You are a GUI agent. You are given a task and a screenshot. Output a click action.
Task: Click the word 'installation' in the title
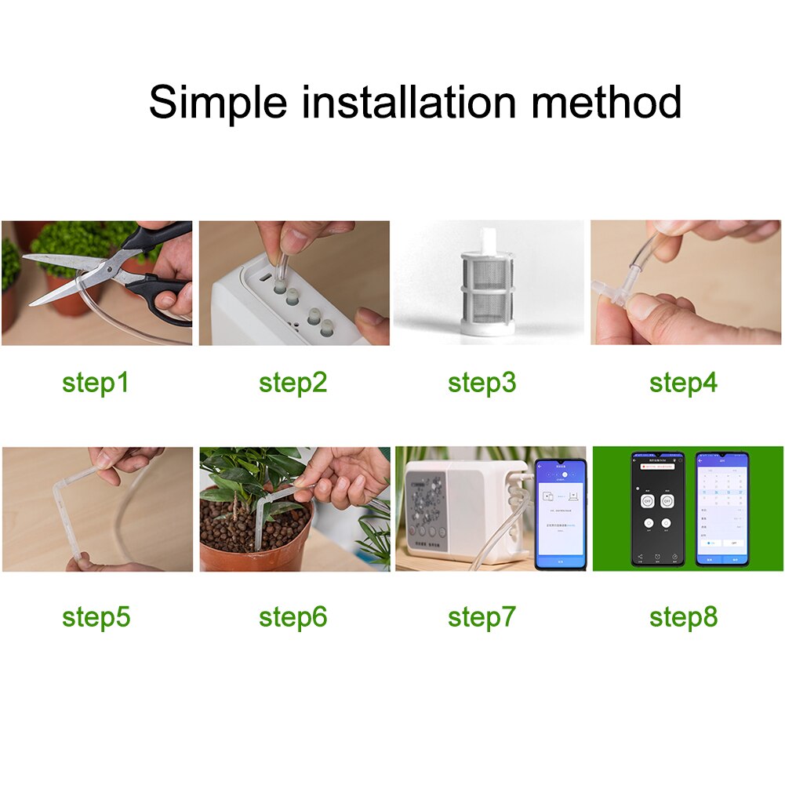pyautogui.click(x=409, y=102)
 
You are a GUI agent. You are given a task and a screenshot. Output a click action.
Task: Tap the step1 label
pyautogui.click(x=96, y=383)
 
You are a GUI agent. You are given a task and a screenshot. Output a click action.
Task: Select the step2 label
pyautogui.click(x=293, y=383)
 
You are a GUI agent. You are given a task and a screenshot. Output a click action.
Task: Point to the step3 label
pyautogui.click(x=482, y=383)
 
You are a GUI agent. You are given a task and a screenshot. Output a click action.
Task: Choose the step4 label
pyautogui.click(x=683, y=383)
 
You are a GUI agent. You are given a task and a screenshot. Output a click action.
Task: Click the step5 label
pyautogui.click(x=96, y=617)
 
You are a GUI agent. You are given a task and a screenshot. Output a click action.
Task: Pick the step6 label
pyautogui.click(x=293, y=617)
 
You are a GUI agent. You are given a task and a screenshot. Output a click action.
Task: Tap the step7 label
pyautogui.click(x=482, y=617)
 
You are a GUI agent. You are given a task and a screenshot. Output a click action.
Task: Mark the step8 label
pyautogui.click(x=683, y=617)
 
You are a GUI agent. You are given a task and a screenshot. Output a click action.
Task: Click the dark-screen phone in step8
pyautogui.click(x=657, y=509)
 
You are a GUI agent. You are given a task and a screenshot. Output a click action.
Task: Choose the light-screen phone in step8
pyautogui.click(x=721, y=509)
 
